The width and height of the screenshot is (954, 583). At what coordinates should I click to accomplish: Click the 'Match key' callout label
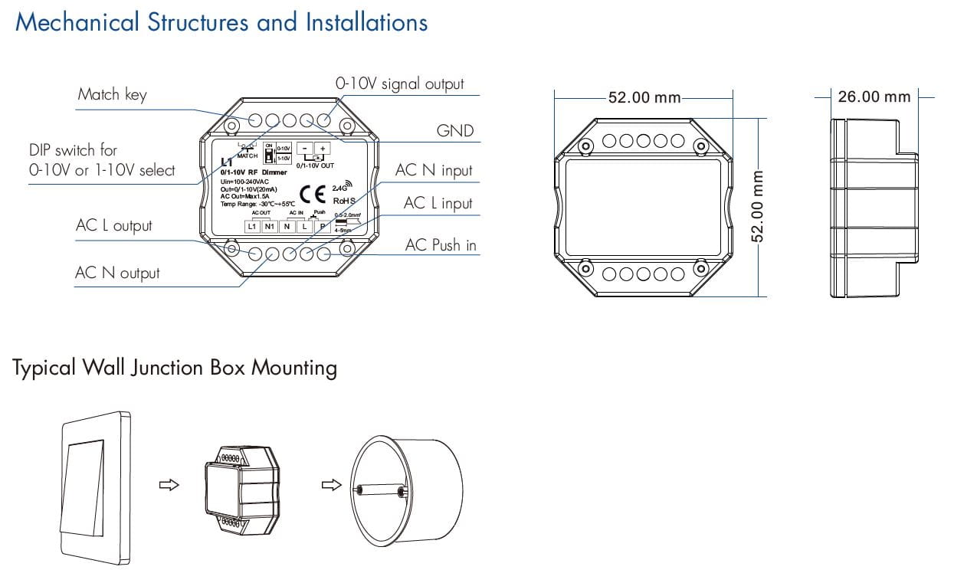112,95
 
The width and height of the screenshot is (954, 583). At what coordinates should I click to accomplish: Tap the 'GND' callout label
455,131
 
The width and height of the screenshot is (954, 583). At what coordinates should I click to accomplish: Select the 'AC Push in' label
441,245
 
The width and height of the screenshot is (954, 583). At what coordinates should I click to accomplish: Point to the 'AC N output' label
117,273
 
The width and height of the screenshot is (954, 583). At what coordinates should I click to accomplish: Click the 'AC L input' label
438,204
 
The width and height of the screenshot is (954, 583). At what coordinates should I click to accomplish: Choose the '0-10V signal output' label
399,84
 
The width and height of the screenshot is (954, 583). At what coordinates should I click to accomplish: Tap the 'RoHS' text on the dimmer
343,201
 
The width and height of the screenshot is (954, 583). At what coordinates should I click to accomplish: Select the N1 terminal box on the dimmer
269,226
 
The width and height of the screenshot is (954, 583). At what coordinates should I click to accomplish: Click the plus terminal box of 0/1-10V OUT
323,149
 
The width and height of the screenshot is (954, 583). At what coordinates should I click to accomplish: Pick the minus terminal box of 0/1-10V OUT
304,149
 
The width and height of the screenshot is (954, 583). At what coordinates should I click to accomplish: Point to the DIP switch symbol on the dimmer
268,153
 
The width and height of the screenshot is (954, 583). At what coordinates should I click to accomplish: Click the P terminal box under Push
323,226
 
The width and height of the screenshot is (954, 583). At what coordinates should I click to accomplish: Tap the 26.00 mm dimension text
874,97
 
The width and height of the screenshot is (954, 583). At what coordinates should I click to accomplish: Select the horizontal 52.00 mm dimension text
644,98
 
